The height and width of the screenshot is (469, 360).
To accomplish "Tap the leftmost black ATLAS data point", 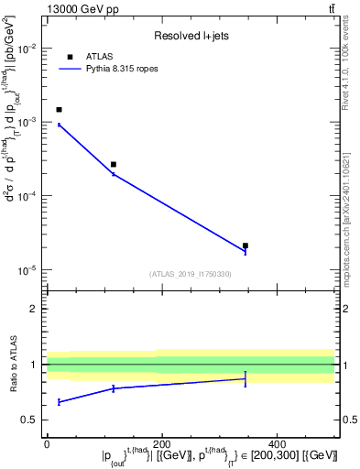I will (59, 110).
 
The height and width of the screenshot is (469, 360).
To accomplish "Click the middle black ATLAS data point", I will (114, 165).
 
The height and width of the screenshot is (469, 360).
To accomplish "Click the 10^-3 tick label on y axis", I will (27, 122).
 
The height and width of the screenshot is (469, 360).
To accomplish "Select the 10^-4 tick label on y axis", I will (27, 196).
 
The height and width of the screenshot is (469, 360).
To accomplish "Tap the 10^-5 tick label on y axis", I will (27, 270).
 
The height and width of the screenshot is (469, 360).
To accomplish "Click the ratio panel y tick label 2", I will (33, 309).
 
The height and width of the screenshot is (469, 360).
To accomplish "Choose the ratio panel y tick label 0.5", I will (30, 420).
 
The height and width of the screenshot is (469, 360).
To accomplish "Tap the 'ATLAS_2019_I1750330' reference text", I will (191, 274).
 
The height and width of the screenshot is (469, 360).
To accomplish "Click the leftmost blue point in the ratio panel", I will (59, 402).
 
